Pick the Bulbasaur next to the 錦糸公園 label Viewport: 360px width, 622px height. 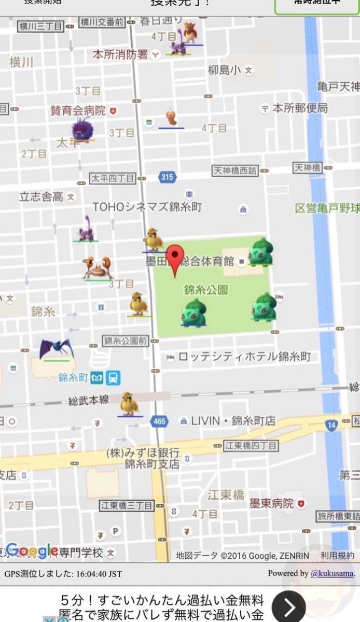tap(193, 313)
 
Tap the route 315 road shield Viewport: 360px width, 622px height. tap(167, 177)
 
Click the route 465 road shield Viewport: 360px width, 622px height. tap(159, 421)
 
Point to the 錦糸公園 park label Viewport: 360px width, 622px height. tap(206, 289)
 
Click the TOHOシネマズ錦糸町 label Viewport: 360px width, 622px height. tap(147, 207)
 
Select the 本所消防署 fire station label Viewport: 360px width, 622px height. tap(120, 54)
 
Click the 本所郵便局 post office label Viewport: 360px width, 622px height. tap(300, 108)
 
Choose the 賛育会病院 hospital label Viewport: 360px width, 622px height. tap(78, 110)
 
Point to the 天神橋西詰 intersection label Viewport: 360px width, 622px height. tap(235, 170)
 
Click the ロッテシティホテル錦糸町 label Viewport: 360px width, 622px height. tap(244, 357)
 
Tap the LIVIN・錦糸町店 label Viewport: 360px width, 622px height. tap(233, 421)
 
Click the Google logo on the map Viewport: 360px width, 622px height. tap(32, 551)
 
